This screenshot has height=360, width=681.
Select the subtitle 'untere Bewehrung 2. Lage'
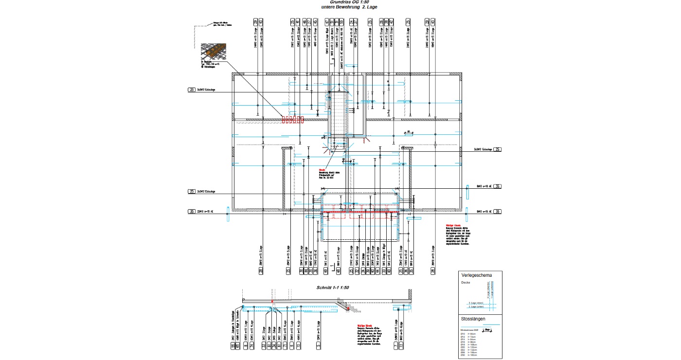[349, 7]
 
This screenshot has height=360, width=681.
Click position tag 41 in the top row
[298, 22]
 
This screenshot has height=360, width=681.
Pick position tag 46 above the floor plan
[305, 22]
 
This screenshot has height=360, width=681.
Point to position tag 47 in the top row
[326, 22]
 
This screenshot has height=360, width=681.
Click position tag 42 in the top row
[392, 22]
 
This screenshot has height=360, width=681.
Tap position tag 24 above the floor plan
[351, 22]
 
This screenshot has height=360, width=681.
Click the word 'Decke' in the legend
[466, 282]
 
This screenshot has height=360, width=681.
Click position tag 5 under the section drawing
[318, 345]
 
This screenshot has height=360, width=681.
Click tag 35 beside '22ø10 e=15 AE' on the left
[192, 212]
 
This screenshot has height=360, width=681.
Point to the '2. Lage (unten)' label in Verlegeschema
[476, 307]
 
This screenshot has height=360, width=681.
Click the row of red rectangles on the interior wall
[292, 119]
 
